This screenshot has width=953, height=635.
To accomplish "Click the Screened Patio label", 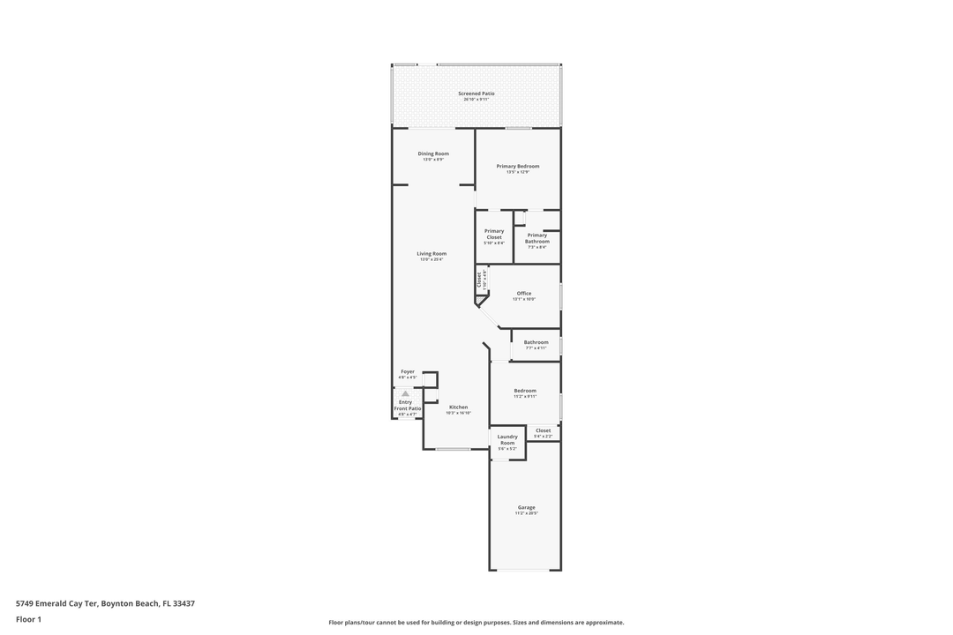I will coord(476,93).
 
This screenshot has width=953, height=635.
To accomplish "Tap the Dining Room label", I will coord(433,153).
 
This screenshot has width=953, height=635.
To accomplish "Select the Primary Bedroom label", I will coord(517,166).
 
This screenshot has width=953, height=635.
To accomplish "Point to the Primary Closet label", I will coord(494,234).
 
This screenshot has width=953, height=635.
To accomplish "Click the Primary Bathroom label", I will coord(537,238).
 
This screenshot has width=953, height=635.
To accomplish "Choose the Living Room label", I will coord(431,253).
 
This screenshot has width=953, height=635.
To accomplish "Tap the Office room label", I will coord(524,293).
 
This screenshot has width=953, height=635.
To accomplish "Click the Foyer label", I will coord(407,371).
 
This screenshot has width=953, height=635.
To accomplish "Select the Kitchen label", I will coord(458,407).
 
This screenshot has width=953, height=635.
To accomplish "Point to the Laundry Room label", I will coord(507,439).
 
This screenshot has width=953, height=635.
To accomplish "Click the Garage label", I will coord(526,507).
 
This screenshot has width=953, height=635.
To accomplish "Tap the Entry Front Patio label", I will coord(407,406).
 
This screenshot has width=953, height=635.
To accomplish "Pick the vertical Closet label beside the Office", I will coord(479,279).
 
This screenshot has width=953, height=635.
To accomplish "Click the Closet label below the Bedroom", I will coord(543,430).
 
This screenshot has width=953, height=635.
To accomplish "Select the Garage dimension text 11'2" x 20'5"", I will coord(526,513).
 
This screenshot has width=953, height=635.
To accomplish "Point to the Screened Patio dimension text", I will coord(476,100).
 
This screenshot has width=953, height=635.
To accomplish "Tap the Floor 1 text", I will coord(28,619).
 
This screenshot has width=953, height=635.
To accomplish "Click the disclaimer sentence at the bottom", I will coord(476,622).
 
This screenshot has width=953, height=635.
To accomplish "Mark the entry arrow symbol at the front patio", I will coord(405,393).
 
